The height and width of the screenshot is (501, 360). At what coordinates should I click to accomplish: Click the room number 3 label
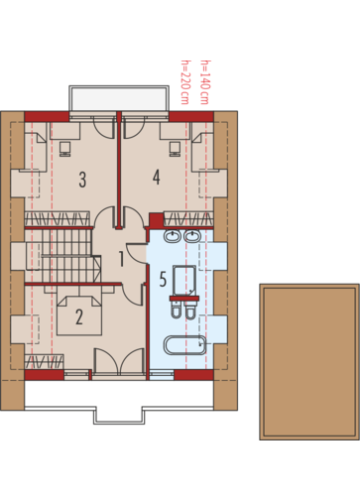82,180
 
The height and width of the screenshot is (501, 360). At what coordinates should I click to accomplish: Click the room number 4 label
157,177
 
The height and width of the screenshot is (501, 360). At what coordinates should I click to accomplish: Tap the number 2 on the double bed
79,316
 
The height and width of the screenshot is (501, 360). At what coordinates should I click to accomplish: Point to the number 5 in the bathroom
163,279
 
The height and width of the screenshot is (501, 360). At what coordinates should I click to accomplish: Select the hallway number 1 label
121,259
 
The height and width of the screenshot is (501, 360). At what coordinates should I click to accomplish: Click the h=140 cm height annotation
205,82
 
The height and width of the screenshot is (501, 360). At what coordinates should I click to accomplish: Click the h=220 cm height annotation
185,82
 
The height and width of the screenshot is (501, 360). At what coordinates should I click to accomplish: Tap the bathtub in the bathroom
184,345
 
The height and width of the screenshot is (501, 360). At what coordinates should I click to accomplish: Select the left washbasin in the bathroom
172,236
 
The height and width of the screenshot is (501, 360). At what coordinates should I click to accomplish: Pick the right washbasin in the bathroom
192,236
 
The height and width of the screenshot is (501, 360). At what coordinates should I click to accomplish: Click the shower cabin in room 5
184,281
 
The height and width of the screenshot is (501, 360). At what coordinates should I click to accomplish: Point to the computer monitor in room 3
65,149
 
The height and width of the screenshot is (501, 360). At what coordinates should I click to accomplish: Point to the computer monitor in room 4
175,149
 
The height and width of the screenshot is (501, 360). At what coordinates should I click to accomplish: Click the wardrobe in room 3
58,219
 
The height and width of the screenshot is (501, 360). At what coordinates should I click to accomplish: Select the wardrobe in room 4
188,219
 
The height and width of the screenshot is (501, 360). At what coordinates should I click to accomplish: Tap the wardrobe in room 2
45,361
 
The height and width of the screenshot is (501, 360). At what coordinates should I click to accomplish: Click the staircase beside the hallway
62,256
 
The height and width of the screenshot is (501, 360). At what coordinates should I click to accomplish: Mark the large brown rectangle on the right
309,361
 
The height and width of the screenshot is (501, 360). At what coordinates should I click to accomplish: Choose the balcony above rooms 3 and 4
119,98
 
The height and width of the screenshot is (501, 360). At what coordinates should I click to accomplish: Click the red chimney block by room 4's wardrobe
156,220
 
